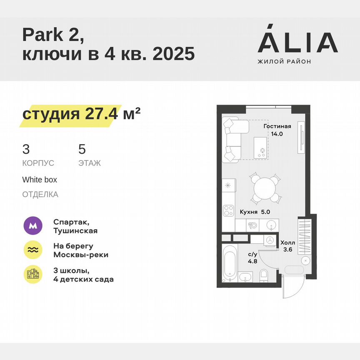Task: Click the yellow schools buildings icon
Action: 32,274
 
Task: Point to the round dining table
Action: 265,188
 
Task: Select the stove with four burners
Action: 228,211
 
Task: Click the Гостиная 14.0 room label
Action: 277,130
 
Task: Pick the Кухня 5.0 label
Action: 255,212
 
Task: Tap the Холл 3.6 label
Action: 287,246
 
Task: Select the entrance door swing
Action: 292,287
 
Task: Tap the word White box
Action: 40,180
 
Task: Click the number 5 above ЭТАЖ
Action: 82,149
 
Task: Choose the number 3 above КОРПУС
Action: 26,149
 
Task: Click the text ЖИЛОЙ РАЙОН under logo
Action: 284,62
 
